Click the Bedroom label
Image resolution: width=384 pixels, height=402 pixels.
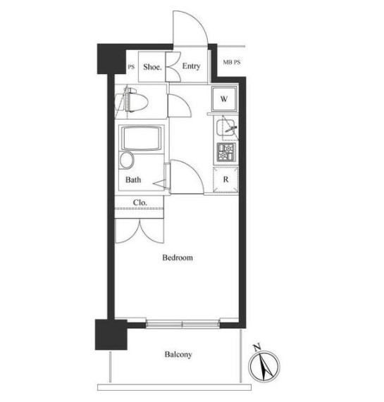(178, 258)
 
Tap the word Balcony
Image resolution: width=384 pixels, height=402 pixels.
(178, 355)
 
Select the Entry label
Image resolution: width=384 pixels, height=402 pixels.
(191, 66)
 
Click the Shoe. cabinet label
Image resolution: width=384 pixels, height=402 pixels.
(152, 67)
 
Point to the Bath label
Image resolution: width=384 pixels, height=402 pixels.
(133, 180)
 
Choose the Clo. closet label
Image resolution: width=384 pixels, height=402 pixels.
(140, 203)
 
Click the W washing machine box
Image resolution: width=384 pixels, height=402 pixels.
(224, 99)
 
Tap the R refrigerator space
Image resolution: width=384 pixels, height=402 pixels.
(225, 180)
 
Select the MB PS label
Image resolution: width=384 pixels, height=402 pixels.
(232, 62)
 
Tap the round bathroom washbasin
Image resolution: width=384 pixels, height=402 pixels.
(127, 160)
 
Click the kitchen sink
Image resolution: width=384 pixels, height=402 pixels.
(225, 128)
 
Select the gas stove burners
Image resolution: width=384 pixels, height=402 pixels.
(226, 152)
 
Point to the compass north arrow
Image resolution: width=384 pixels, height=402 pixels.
(265, 366)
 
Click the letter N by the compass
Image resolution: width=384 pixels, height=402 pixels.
(257, 347)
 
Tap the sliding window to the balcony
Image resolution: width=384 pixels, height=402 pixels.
(183, 324)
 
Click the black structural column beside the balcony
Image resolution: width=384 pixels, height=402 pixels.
(111, 334)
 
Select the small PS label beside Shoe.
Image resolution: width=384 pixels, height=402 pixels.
(131, 67)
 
